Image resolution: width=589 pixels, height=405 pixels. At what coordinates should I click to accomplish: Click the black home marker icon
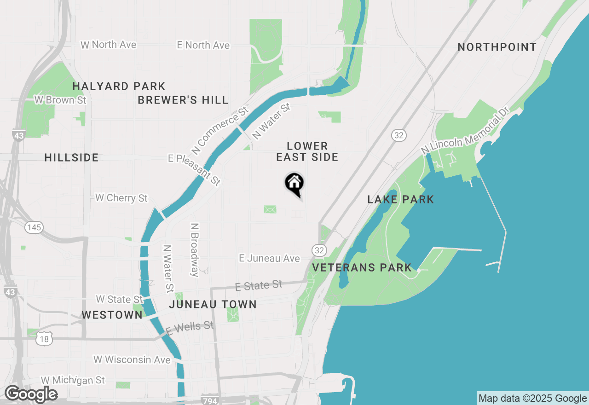tap(294, 184)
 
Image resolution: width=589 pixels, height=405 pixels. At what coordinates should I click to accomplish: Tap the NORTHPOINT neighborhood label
tap(497, 47)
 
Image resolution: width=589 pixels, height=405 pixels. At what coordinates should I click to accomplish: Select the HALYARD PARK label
tap(119, 86)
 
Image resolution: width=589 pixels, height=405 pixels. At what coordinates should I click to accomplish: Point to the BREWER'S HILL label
tap(183, 100)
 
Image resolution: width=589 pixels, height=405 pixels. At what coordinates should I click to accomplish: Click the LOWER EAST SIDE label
tap(307, 151)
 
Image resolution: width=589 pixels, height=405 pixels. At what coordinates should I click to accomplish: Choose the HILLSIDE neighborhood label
tap(71, 157)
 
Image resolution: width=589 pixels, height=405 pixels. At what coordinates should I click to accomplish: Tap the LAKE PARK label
tap(401, 199)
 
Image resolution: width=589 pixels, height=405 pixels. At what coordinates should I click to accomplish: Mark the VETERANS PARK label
tap(362, 267)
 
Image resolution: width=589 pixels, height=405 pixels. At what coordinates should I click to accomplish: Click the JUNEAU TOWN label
tap(213, 304)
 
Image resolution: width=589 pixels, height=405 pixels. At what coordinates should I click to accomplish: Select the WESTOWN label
tap(112, 315)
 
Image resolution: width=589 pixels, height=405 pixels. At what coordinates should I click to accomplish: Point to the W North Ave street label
tap(109, 45)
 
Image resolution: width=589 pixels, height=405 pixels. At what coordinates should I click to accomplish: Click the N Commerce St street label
tap(220, 131)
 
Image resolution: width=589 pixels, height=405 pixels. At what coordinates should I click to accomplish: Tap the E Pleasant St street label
tap(195, 169)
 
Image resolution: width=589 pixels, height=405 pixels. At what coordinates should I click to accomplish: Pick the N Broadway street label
tap(195, 250)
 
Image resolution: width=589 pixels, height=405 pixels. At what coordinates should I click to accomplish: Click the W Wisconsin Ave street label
tap(132, 359)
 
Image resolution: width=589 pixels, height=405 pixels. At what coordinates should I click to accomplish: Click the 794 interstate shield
tap(209, 401)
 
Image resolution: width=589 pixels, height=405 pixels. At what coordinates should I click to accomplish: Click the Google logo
tap(31, 394)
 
